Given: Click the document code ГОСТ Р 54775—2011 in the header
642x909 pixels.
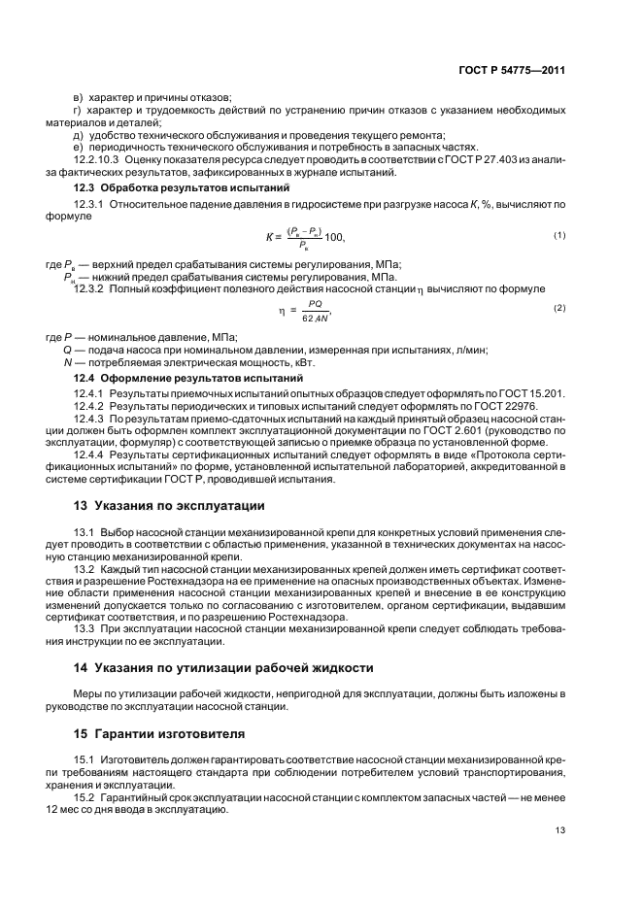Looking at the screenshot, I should tap(512, 71).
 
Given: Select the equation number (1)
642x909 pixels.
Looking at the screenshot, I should tap(558, 236).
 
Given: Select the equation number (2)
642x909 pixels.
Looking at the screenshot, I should tap(558, 308).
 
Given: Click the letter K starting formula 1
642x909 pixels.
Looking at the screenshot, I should tap(269, 238).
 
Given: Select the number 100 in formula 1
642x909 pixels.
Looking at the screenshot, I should tap(334, 238).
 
